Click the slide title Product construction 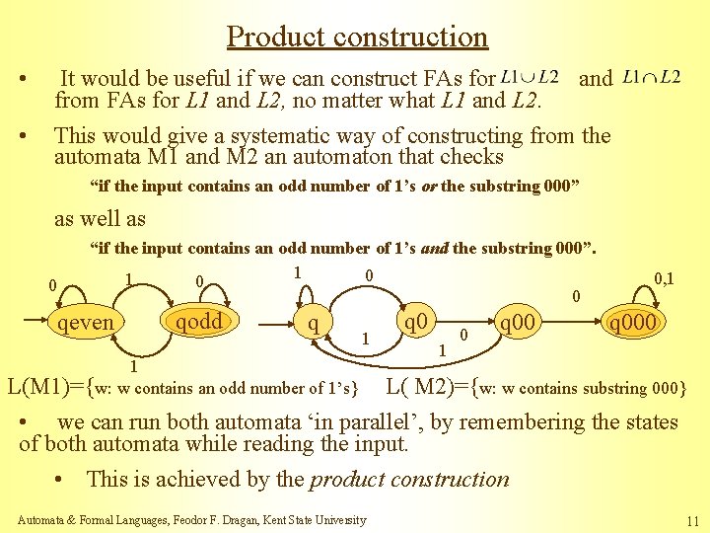pyautogui.click(x=357, y=38)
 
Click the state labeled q pyautogui.click(x=313, y=322)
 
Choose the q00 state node pyautogui.click(x=518, y=322)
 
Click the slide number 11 pyautogui.click(x=689, y=520)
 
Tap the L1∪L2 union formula pyautogui.click(x=530, y=77)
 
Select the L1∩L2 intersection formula pyautogui.click(x=652, y=77)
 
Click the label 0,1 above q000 pyautogui.click(x=664, y=280)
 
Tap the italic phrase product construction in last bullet pyautogui.click(x=409, y=480)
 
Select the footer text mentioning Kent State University pyautogui.click(x=192, y=520)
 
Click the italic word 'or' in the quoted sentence pyautogui.click(x=429, y=186)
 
